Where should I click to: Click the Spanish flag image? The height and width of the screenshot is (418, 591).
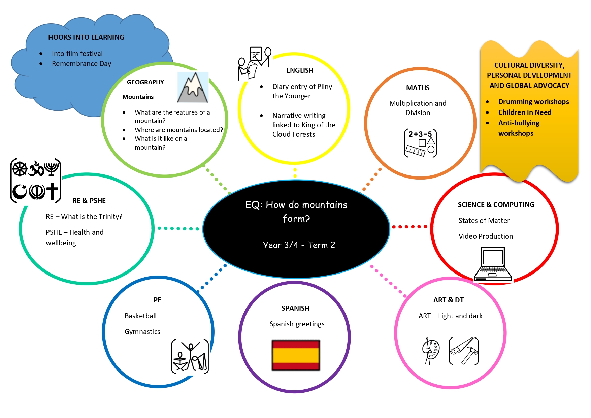click(x=296, y=355)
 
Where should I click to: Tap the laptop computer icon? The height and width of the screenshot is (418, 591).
click(x=493, y=264)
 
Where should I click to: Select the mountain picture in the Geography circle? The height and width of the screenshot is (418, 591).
click(x=193, y=87)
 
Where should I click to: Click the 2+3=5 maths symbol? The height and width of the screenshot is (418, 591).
click(x=420, y=143)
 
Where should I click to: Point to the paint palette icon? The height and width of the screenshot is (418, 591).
click(x=431, y=351)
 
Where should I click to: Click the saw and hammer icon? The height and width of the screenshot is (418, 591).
click(x=464, y=351)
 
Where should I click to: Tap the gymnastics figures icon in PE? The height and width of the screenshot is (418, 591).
click(x=190, y=356)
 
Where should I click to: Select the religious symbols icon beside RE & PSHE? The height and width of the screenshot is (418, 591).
click(x=36, y=181)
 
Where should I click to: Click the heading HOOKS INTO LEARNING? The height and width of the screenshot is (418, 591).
click(x=86, y=37)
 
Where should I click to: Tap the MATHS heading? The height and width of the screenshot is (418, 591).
click(x=418, y=88)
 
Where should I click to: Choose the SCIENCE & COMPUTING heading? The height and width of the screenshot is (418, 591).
click(x=496, y=205)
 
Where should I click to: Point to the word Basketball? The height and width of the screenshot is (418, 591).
click(x=140, y=316)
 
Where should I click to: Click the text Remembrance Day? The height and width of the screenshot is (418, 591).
click(x=81, y=64)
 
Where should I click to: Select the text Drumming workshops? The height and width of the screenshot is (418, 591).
click(x=533, y=102)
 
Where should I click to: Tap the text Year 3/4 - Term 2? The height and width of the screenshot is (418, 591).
click(x=299, y=245)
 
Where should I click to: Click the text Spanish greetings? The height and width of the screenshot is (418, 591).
click(x=297, y=324)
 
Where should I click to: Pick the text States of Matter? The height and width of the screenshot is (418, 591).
click(x=484, y=221)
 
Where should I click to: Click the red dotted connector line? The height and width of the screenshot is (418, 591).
click(x=410, y=227)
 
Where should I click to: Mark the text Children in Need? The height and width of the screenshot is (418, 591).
click(x=525, y=112)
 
